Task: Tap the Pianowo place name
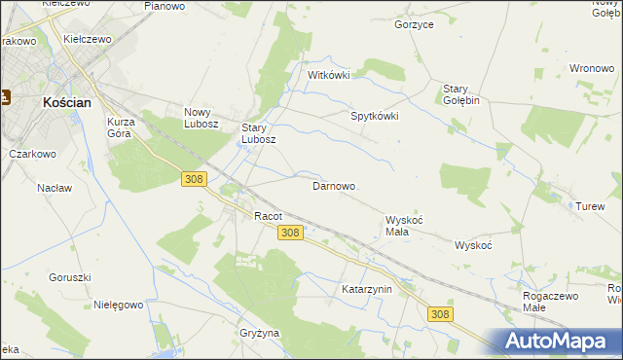(x=165, y=6)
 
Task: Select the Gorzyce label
(x=414, y=24)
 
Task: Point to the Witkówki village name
(x=328, y=75)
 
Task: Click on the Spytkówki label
(x=375, y=116)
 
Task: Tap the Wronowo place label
(x=591, y=69)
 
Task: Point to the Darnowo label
(x=333, y=186)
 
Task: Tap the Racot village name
(x=268, y=216)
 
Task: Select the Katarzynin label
(x=366, y=289)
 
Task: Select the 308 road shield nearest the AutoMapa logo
(x=441, y=313)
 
